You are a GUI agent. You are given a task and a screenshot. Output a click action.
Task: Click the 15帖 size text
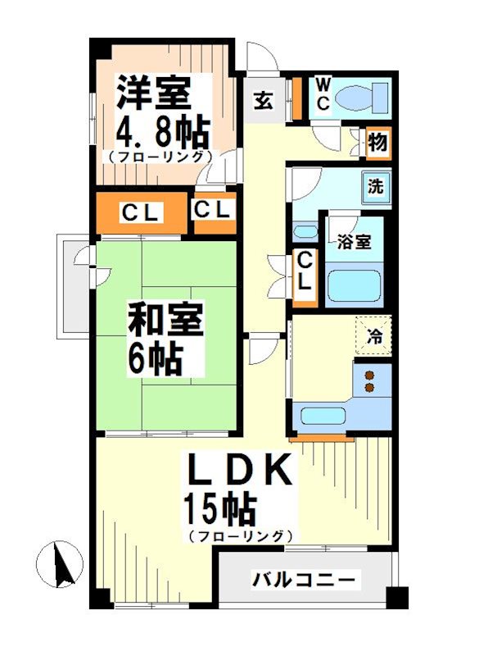click(x=220, y=511)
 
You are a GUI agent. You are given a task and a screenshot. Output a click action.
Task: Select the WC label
click(x=323, y=94)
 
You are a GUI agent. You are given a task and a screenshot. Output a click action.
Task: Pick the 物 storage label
click(x=377, y=143)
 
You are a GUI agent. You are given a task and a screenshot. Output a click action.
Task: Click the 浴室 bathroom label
click(x=355, y=242)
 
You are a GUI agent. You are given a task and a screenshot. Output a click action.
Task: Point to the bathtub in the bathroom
click(x=355, y=286)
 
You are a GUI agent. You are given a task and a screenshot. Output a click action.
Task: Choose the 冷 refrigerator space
click(x=374, y=335)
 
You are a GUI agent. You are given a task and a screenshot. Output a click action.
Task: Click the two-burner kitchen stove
click(x=369, y=381)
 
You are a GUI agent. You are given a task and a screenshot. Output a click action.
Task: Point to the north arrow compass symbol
click(x=60, y=565)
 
